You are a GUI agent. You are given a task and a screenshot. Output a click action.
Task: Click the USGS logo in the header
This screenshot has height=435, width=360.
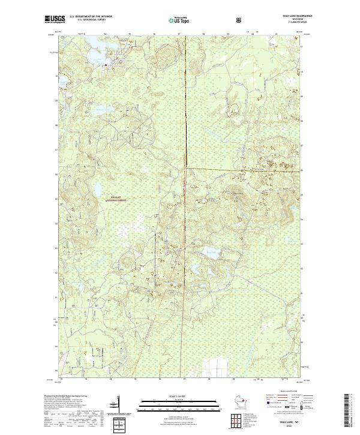(x=54, y=20)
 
